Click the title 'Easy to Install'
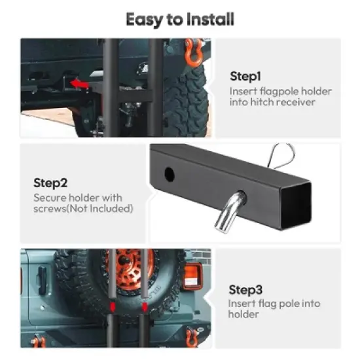[180, 19]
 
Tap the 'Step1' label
[246, 76]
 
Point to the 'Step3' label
[246, 289]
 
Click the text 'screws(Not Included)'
[83, 209]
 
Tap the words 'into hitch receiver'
[272, 102]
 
